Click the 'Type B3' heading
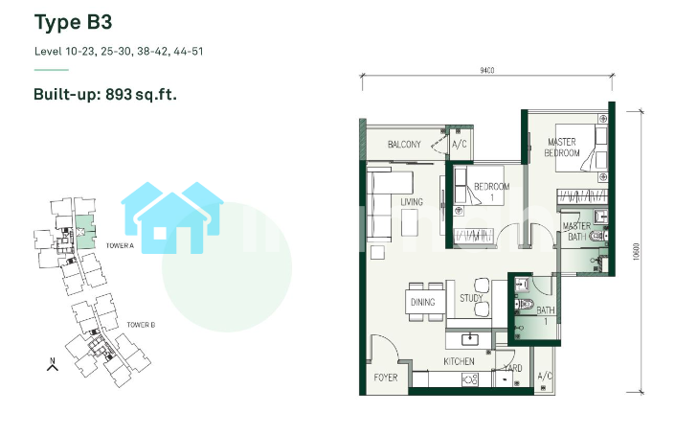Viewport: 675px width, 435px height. tap(73, 23)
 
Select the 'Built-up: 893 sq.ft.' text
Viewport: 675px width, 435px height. tap(105, 94)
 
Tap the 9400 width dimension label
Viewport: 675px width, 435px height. tap(487, 70)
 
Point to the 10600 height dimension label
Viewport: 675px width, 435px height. tap(637, 252)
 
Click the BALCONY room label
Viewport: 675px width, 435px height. tap(404, 145)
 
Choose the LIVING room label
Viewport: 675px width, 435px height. tap(412, 201)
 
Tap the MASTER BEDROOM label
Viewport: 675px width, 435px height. tap(562, 148)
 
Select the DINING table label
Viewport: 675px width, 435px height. tap(423, 302)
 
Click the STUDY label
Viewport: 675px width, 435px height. tap(471, 298)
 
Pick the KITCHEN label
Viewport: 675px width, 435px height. tap(459, 361)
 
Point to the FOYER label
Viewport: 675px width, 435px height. tap(385, 378)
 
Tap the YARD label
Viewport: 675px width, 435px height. tap(512, 368)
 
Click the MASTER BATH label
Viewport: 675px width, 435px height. tap(576, 231)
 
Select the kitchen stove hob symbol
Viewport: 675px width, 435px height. tap(470, 379)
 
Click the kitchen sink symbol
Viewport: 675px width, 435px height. tap(470, 340)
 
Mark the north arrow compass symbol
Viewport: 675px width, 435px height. tap(53, 364)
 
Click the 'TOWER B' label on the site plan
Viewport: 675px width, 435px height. tap(141, 325)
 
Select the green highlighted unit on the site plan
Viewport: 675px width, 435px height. tap(85, 232)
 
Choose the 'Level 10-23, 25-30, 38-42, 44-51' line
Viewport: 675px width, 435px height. tap(119, 52)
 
